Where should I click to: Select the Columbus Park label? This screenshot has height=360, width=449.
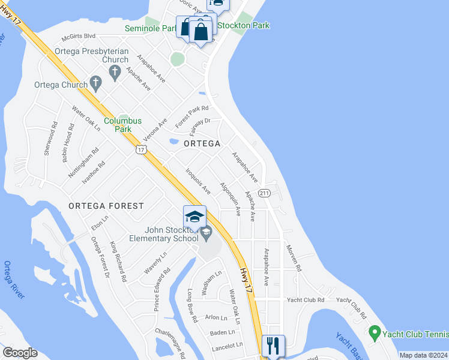click(122, 124)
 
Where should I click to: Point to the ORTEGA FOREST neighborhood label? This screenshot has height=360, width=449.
click(106, 206)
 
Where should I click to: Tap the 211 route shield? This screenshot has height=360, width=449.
click(264, 193)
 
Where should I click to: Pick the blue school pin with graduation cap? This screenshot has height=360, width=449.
click(194, 217)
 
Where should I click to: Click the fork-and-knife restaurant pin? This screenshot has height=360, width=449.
click(273, 345)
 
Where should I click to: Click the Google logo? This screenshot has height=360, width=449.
click(20, 353)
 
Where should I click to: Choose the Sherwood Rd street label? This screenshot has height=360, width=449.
click(50, 139)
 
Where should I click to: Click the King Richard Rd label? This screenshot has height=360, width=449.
click(118, 262)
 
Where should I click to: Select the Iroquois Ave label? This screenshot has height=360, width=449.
click(198, 181)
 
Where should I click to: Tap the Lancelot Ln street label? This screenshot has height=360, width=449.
click(227, 345)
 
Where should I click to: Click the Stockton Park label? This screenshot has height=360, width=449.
click(243, 25)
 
